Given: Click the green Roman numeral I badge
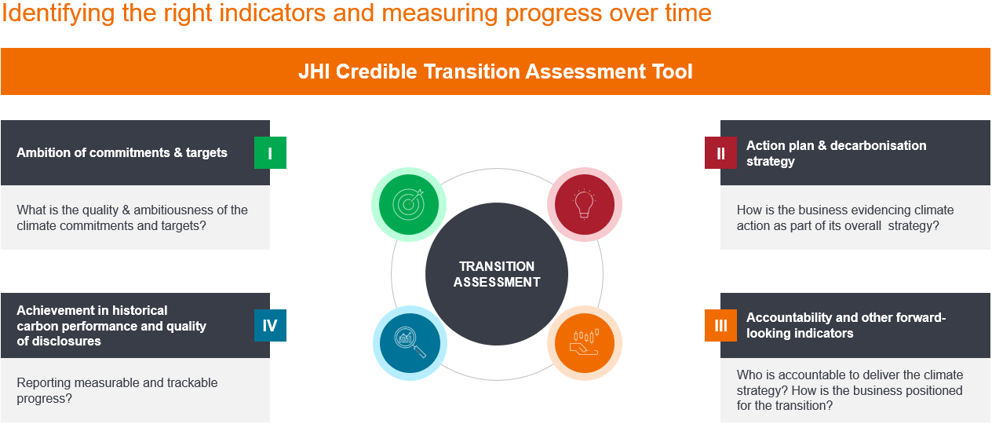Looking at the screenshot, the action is point(270,153).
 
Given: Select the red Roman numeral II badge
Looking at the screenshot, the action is point(720,153).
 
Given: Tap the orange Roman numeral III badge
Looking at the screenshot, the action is point(720,325).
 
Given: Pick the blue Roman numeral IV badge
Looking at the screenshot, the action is point(270,325).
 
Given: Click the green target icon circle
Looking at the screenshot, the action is point(409,204).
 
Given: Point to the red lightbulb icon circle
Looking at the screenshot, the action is point(585,204).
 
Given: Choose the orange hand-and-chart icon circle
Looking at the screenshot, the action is point(585,343).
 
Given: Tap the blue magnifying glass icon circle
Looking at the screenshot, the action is point(410,343).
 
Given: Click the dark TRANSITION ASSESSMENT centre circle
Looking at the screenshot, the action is point(497,274).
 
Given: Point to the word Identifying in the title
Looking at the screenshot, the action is point(58,13).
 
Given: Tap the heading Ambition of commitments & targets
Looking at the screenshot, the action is point(122,153).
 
